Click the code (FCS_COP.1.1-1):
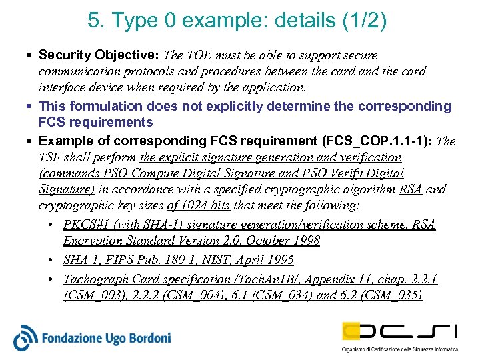coord(377,141)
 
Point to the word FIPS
coord(119,259)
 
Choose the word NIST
coord(212,259)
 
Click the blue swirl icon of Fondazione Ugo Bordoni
coord(26,337)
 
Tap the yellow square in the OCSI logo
coord(353,331)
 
